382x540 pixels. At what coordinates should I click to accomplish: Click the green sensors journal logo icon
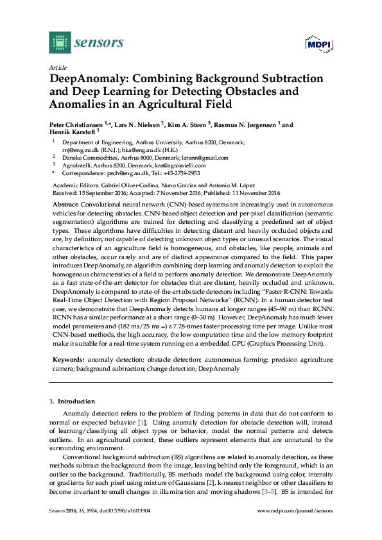click(60, 43)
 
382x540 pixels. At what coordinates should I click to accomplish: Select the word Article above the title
click(56, 67)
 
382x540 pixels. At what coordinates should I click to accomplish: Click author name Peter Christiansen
click(82, 125)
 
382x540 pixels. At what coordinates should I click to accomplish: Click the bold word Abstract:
click(65, 203)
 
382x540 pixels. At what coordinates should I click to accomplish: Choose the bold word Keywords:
click(68, 360)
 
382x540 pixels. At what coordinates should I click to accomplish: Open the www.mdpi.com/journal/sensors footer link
click(295, 511)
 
